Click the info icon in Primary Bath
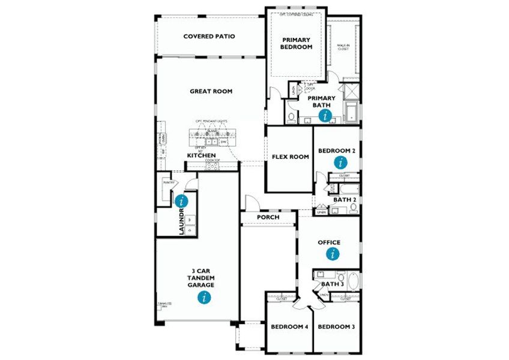pyautogui.click(x=325, y=115)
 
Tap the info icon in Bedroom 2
pyautogui.click(x=340, y=162)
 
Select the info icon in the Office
pyautogui.click(x=332, y=254)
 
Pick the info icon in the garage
pyautogui.click(x=205, y=297)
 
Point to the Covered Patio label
pyautogui.click(x=209, y=37)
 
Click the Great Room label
pyautogui.click(x=211, y=91)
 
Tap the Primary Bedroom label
pyautogui.click(x=297, y=43)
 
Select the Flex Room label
pyautogui.click(x=291, y=157)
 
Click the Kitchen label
pyautogui.click(x=201, y=155)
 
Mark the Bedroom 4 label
pyautogui.click(x=289, y=327)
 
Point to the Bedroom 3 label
pyautogui.click(x=336, y=327)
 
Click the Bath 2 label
pyautogui.click(x=345, y=199)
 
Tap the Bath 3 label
pyautogui.click(x=332, y=284)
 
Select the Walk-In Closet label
pyautogui.click(x=343, y=47)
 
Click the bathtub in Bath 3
pyautogui.click(x=351, y=281)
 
